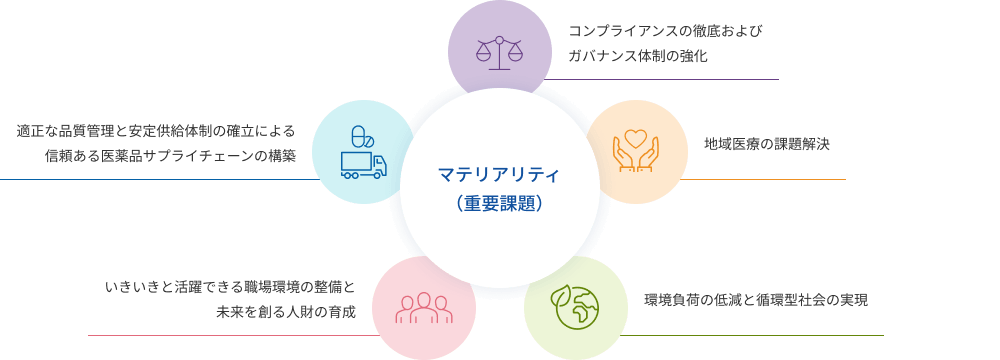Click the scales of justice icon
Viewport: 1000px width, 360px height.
click(499, 53)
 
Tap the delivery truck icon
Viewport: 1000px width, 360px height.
click(364, 165)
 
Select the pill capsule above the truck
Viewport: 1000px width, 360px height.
click(362, 137)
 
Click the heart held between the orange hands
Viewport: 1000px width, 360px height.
click(636, 138)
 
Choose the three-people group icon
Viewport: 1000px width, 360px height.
click(423, 308)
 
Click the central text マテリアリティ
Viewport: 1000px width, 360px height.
click(499, 174)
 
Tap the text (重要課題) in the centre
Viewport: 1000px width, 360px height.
click(499, 204)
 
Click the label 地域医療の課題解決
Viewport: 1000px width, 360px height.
click(767, 144)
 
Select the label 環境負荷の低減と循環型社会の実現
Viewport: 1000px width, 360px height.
click(756, 300)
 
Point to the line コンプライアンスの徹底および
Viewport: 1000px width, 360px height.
click(666, 31)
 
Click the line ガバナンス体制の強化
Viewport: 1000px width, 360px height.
click(638, 56)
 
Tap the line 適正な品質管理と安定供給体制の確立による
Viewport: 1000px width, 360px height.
click(156, 131)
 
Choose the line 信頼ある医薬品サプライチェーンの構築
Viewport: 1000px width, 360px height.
click(170, 156)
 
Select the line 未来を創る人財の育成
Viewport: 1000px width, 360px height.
click(286, 312)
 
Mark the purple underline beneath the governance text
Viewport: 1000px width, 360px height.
click(661, 79)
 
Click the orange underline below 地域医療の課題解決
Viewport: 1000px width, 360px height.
click(763, 179)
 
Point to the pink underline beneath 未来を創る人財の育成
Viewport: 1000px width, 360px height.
click(233, 335)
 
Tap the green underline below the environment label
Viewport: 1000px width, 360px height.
click(751, 335)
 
